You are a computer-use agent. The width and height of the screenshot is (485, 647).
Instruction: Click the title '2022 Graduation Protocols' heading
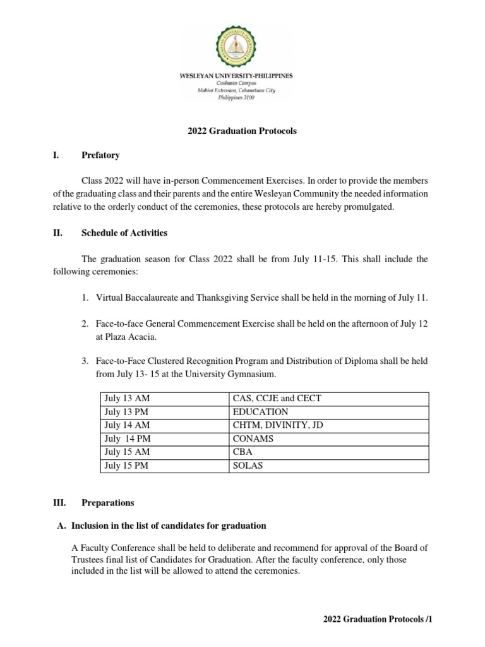242,131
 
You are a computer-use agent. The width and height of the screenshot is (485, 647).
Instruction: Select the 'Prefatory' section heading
100,155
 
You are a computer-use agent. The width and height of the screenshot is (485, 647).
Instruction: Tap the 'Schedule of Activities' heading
124,233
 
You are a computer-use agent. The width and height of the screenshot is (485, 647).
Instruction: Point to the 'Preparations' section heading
108,503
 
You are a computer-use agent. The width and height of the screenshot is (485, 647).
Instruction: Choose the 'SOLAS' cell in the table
248,466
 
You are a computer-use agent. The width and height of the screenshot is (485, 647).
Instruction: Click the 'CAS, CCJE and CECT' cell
277,399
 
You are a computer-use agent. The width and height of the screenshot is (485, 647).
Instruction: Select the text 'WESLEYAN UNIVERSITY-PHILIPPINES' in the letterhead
242,76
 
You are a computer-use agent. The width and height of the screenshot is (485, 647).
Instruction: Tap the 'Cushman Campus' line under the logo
242,83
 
